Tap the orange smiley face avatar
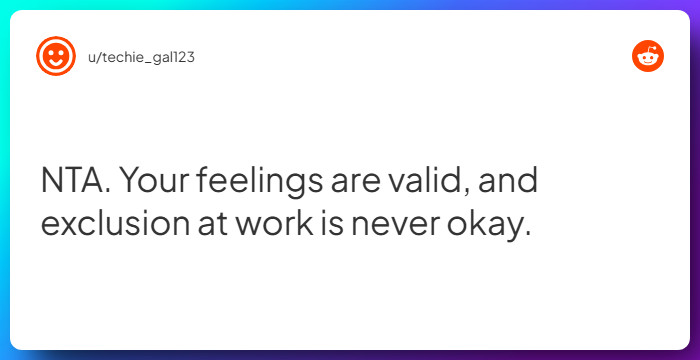(56, 56)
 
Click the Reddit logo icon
(648, 56)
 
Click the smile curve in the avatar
(56, 62)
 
